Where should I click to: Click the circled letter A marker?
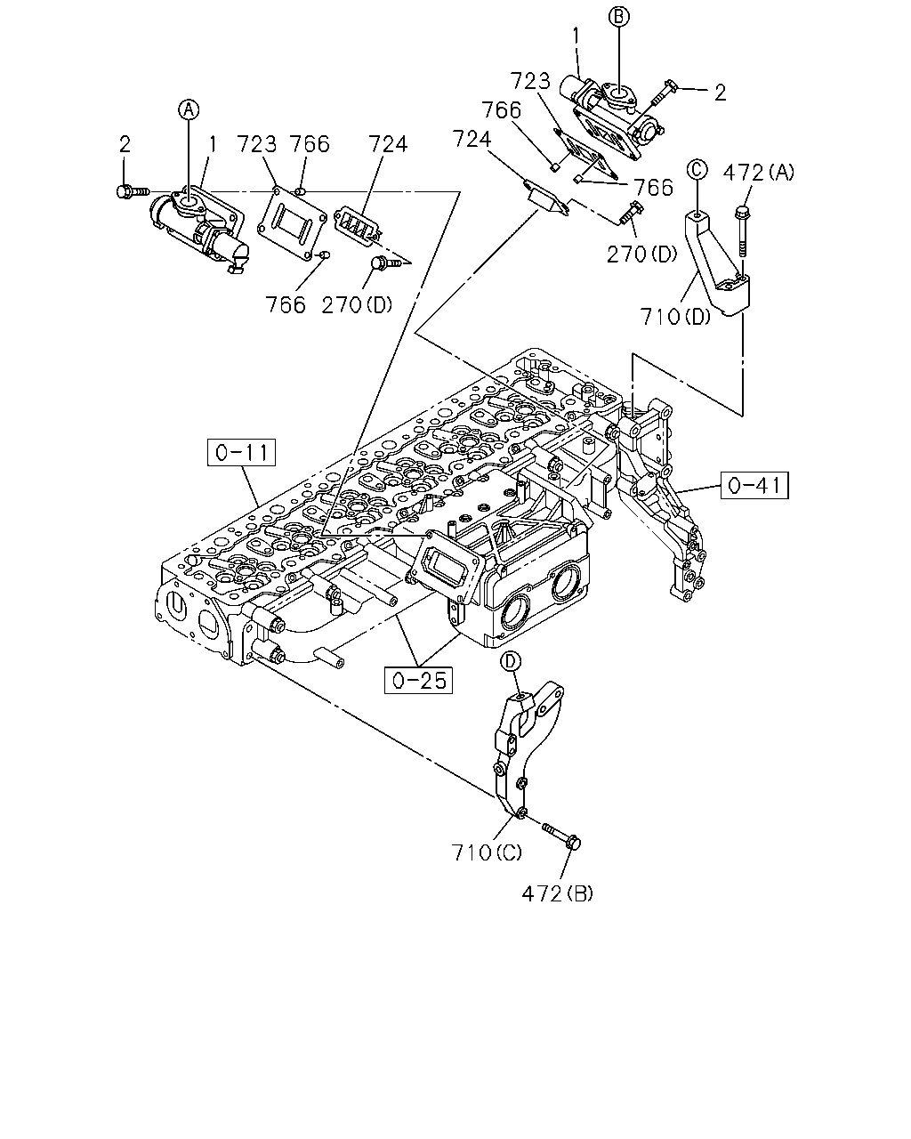click(x=189, y=109)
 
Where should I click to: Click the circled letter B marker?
click(x=618, y=16)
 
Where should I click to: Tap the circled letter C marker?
click(x=697, y=169)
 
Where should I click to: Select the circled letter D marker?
click(x=511, y=660)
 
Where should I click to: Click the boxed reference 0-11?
click(x=241, y=452)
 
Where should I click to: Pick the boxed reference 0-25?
click(x=418, y=680)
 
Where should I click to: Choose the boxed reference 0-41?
click(x=754, y=485)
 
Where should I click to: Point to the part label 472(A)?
click(x=759, y=173)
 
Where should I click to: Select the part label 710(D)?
click(x=675, y=317)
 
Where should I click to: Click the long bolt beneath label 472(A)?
click(x=742, y=232)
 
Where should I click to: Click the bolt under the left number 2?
click(x=133, y=191)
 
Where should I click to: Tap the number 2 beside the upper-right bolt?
click(x=720, y=93)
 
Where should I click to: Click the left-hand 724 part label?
click(x=388, y=144)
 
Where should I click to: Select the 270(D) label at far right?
click(x=642, y=254)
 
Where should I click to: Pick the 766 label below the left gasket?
click(x=286, y=305)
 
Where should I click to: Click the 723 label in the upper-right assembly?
click(x=530, y=81)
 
